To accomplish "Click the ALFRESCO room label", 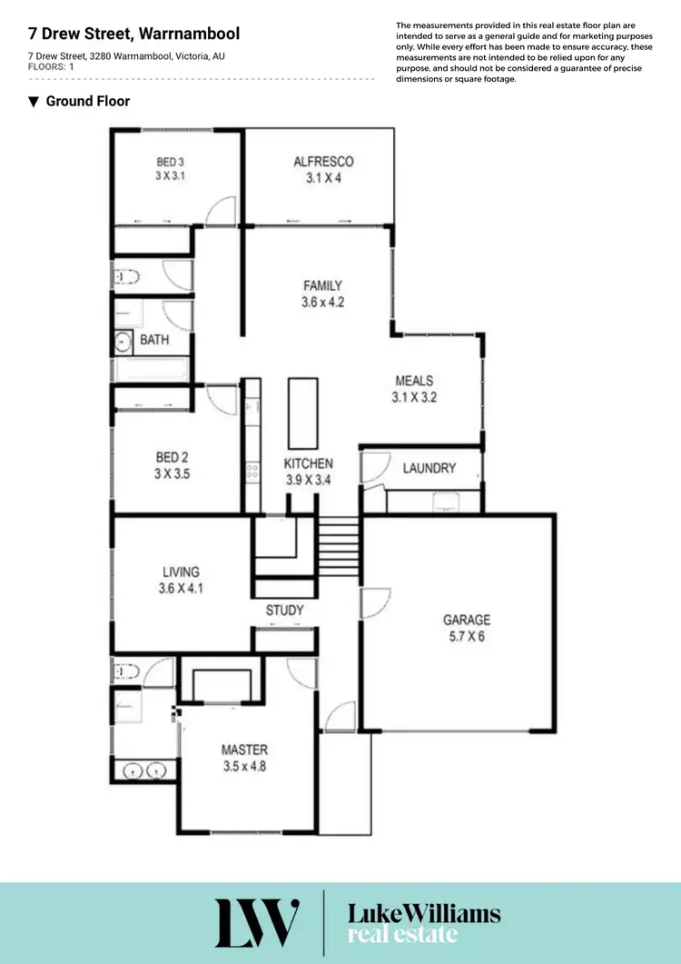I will click(x=323, y=162).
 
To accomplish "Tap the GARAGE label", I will click(x=466, y=620).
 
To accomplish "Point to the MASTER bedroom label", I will click(x=244, y=750).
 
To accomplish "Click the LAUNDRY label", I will click(x=429, y=468).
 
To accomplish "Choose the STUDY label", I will click(x=284, y=611).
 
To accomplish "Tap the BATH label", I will click(x=153, y=341).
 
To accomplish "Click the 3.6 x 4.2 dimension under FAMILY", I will click(x=322, y=303).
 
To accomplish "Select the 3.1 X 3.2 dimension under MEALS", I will click(x=414, y=397).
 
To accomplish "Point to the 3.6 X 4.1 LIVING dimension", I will click(x=181, y=588).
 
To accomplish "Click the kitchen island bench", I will click(x=299, y=410).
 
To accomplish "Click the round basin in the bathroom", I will click(x=123, y=343).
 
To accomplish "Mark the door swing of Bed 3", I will click(x=221, y=212).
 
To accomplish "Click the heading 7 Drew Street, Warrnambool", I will click(x=133, y=35).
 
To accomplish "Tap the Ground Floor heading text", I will click(x=87, y=101).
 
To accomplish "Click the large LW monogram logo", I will click(x=257, y=922).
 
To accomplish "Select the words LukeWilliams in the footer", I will click(x=424, y=913).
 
